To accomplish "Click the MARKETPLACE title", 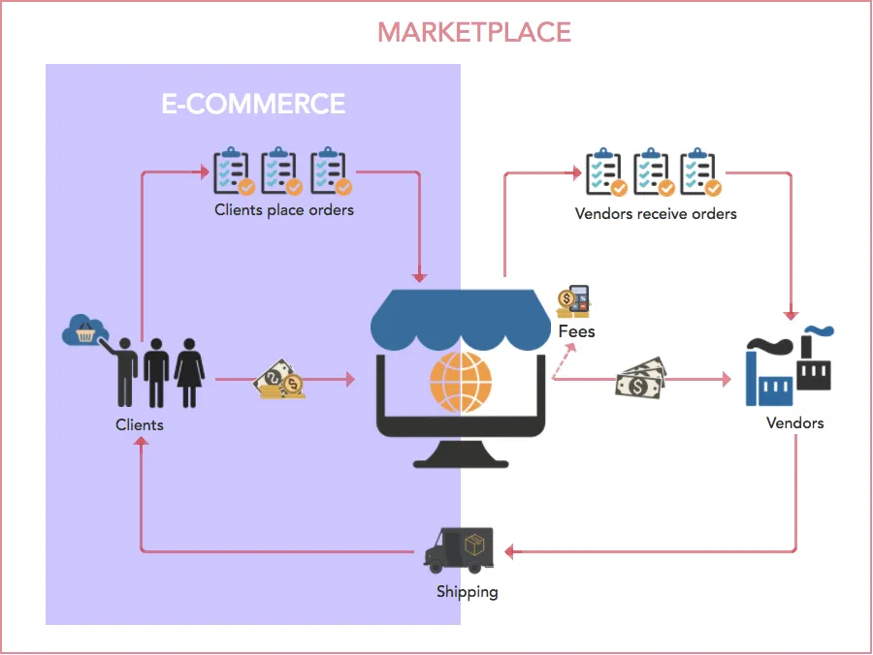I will click(x=474, y=32).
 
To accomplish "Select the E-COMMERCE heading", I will click(x=253, y=104).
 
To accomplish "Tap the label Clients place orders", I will click(x=284, y=209).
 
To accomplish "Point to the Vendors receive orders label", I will click(x=656, y=213).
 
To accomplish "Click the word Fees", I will click(x=576, y=331).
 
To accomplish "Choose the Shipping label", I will click(x=467, y=591).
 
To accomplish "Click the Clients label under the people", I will click(x=140, y=424).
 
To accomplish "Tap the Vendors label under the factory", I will click(x=794, y=422).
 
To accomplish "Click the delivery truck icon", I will click(x=460, y=549).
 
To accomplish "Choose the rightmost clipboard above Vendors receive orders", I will click(x=700, y=172).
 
